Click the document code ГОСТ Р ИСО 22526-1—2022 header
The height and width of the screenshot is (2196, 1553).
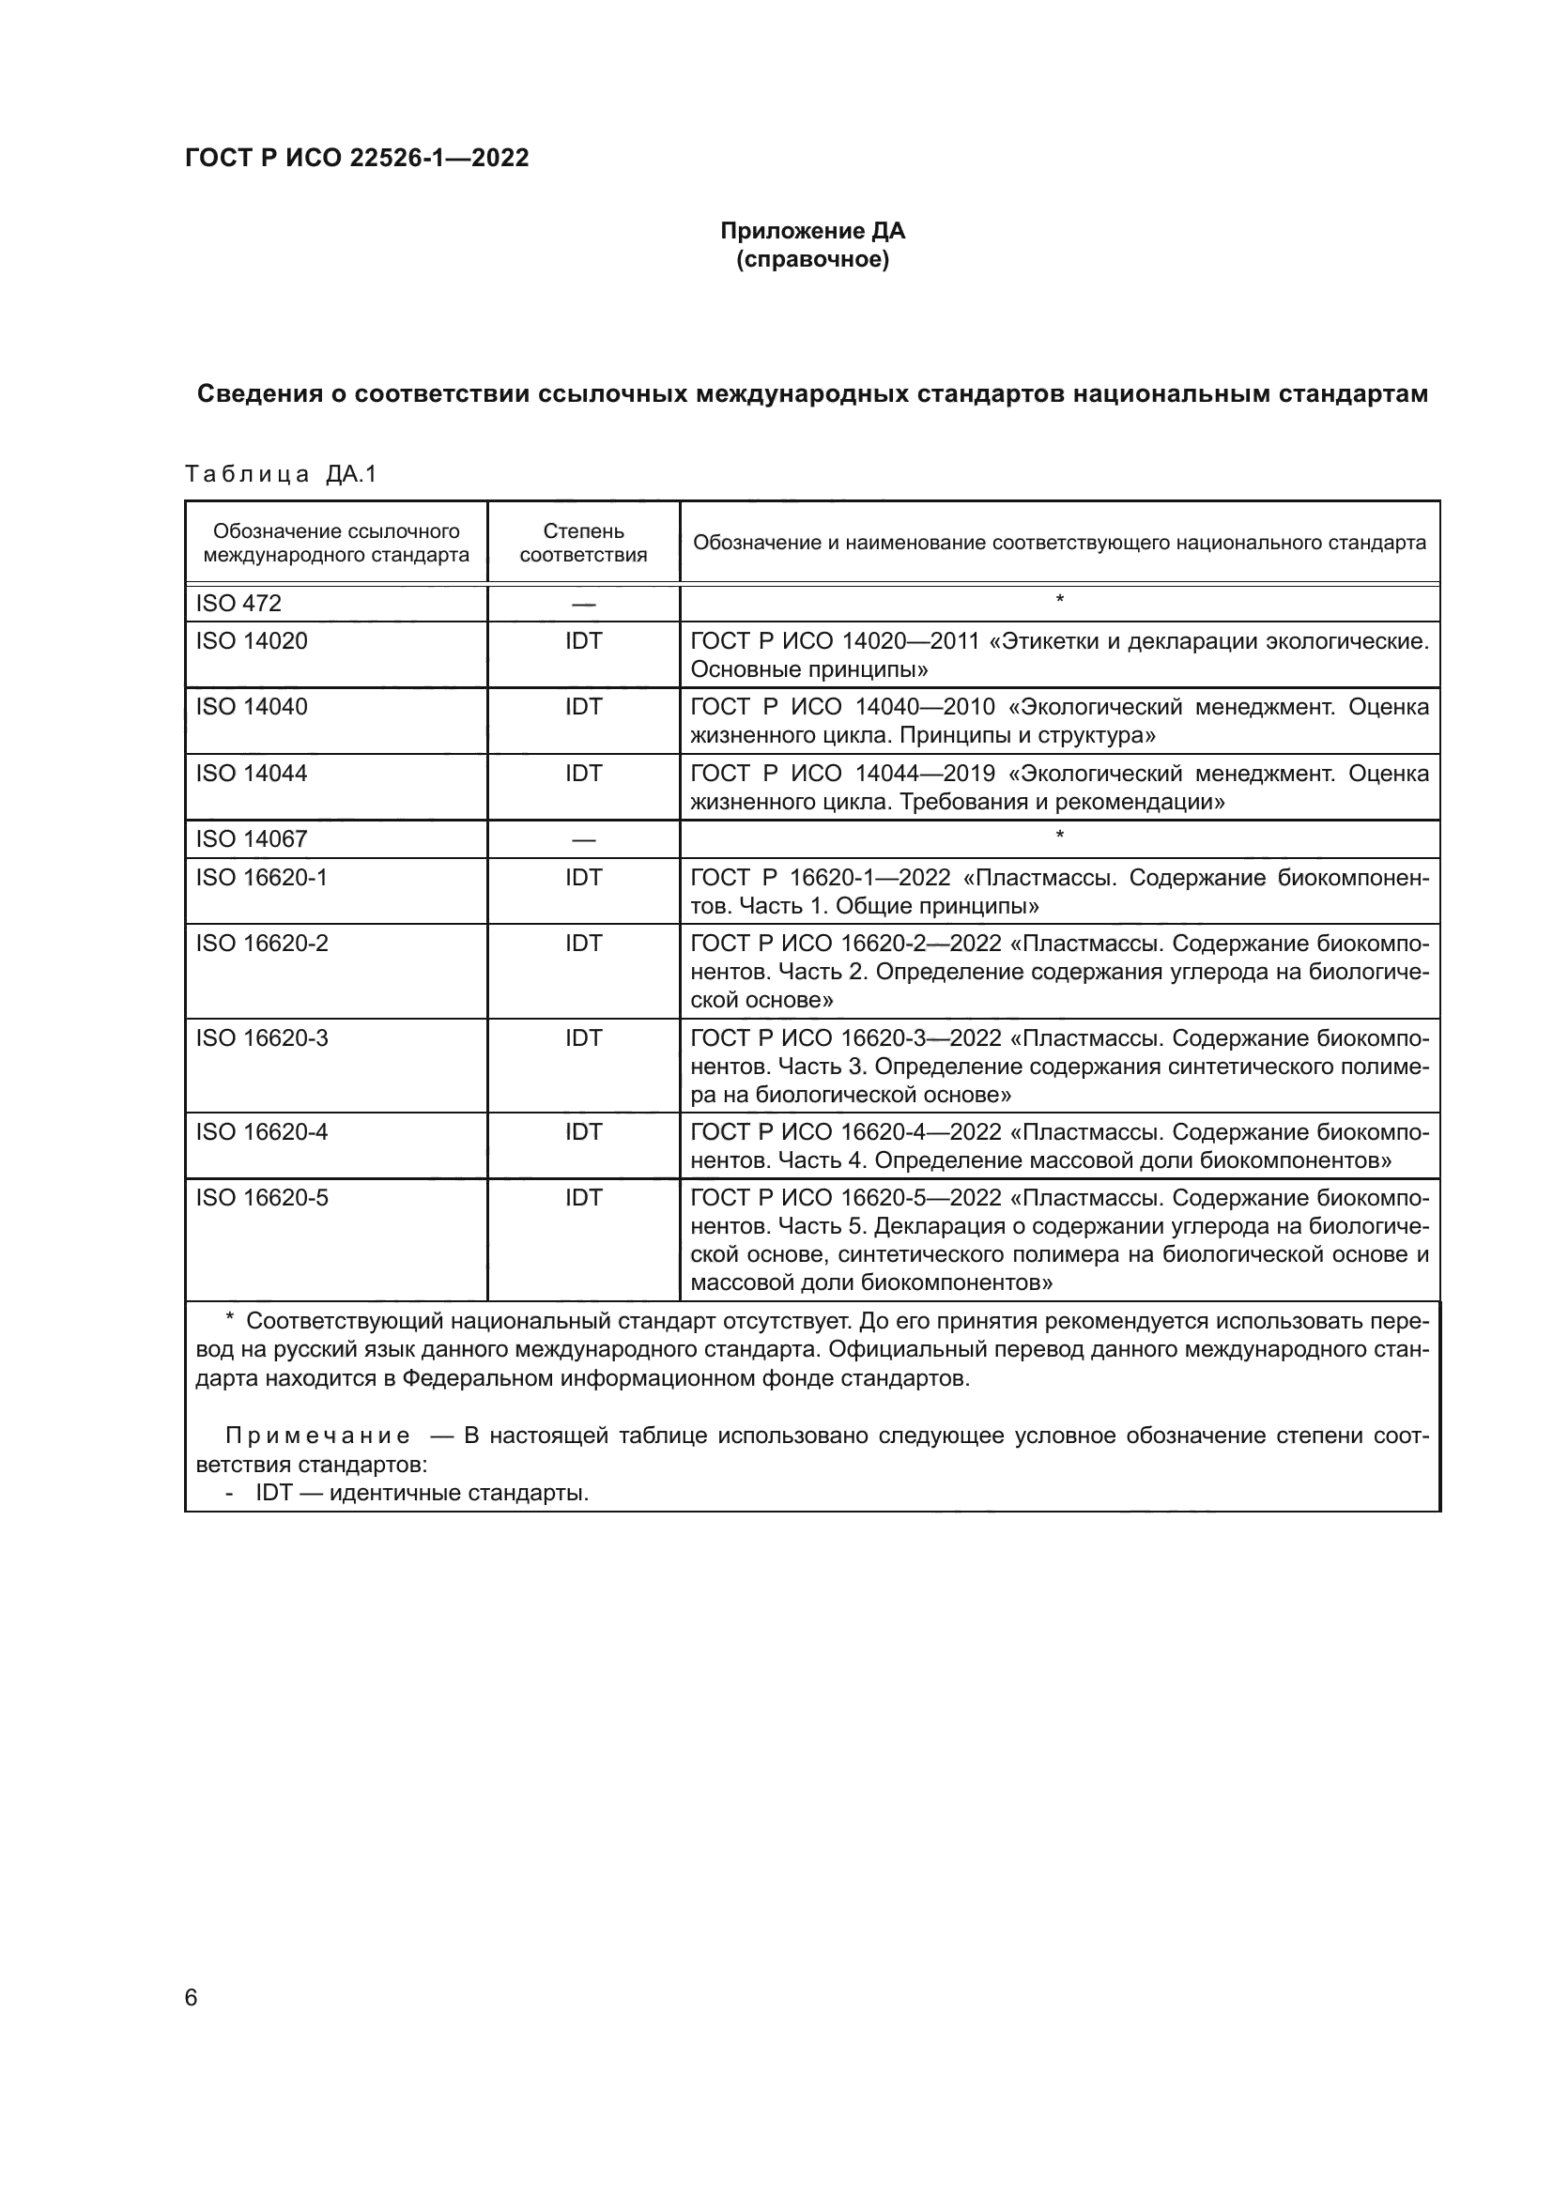click(x=357, y=158)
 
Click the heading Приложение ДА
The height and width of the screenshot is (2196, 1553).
click(x=812, y=231)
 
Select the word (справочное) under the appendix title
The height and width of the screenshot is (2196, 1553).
click(x=812, y=259)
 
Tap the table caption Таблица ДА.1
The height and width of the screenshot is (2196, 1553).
click(x=281, y=474)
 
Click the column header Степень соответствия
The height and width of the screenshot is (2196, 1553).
click(x=583, y=543)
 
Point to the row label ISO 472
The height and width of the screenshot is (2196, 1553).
click(x=239, y=604)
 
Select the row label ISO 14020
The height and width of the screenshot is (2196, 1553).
click(x=252, y=641)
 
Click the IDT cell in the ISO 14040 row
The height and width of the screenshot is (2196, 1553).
click(x=583, y=707)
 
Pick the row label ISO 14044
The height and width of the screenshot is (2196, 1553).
click(x=252, y=773)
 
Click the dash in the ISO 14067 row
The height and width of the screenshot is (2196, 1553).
click(x=583, y=839)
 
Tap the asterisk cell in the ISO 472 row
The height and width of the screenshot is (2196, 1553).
click(x=1058, y=601)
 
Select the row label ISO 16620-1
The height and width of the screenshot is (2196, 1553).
click(x=261, y=877)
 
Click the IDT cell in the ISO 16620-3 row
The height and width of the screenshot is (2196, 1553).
click(x=583, y=1037)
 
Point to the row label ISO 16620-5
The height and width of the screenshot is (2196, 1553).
click(x=261, y=1197)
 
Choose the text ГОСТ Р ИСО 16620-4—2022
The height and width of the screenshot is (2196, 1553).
click(x=845, y=1132)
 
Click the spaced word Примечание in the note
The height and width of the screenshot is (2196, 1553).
click(x=317, y=1436)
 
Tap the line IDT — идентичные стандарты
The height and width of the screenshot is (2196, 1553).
click(x=421, y=1492)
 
